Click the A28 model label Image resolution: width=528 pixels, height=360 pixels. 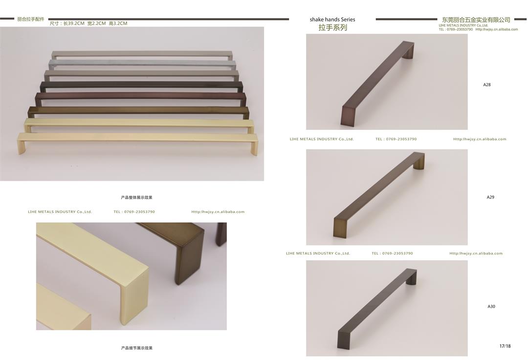487,85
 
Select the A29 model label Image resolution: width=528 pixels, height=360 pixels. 490,197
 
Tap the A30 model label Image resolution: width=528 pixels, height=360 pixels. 491,306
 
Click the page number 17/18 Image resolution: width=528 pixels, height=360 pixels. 505,346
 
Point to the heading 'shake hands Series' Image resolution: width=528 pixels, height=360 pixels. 332,20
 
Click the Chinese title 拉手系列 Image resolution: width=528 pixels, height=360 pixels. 333,27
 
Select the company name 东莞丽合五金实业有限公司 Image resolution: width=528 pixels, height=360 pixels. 476,20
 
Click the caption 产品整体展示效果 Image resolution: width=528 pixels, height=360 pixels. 137,197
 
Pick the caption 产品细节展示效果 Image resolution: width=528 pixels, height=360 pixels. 137,348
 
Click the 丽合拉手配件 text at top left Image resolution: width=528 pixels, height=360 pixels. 31,19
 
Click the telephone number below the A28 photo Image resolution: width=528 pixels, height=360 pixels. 396,139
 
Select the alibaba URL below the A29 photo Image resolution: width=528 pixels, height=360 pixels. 476,254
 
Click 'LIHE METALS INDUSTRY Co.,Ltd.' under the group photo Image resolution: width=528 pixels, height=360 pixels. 60,212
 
